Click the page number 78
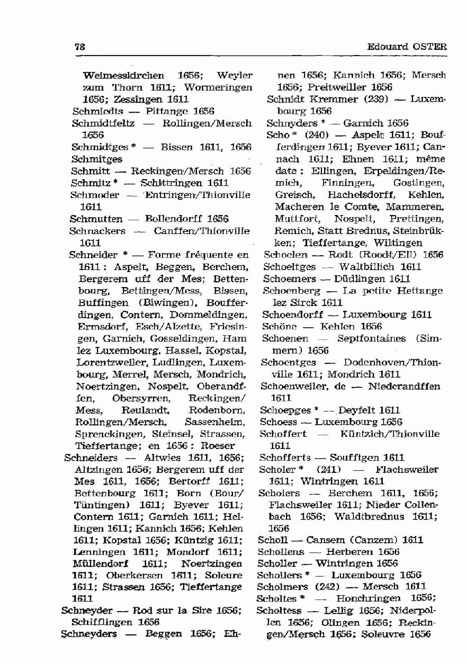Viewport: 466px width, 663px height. [x=80, y=47]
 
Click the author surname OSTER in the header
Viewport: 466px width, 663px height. [x=430, y=47]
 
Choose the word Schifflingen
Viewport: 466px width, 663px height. [x=101, y=622]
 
